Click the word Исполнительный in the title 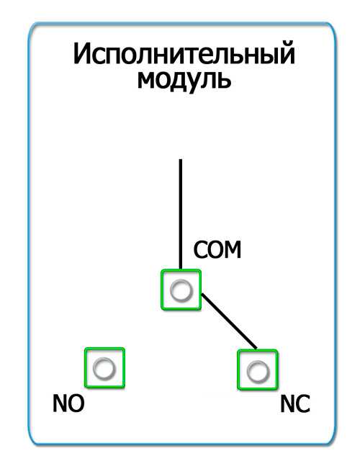(x=184, y=55)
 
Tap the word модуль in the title (x=184, y=81)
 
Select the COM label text (x=217, y=250)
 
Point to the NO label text (x=68, y=404)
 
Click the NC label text (x=295, y=404)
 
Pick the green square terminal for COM (x=181, y=290)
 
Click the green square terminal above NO (x=104, y=368)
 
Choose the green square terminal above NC (x=258, y=370)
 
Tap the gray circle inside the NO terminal (x=104, y=368)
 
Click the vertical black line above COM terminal (x=181, y=214)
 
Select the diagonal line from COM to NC (x=230, y=321)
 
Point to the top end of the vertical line (x=181, y=159)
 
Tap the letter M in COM (x=232, y=250)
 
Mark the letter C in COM (x=199, y=250)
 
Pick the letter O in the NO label (x=77, y=404)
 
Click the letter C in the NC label (x=303, y=404)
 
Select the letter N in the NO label (x=60, y=404)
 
